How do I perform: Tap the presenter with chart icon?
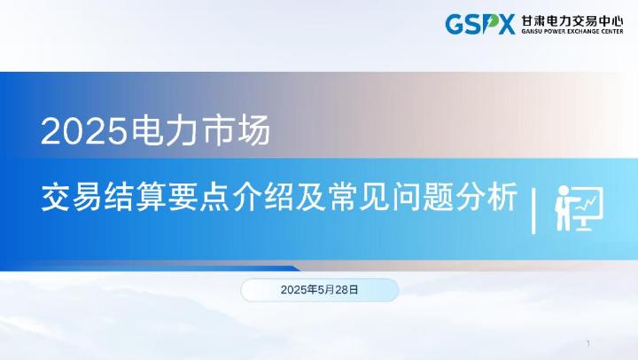tap(577, 208)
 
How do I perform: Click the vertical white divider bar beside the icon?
tap(533, 211)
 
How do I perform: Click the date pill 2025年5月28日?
tap(319, 290)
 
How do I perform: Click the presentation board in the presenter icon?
tap(587, 203)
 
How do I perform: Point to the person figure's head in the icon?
tap(562, 193)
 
